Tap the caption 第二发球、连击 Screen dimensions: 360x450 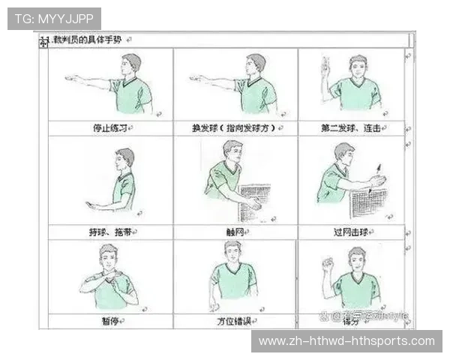(x=350, y=128)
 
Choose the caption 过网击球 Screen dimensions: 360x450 (x=350, y=232)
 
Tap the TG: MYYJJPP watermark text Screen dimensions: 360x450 (x=53, y=18)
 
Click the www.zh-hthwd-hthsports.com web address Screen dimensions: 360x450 (x=346, y=341)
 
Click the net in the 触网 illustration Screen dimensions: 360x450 (x=255, y=201)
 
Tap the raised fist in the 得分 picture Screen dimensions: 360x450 (x=327, y=264)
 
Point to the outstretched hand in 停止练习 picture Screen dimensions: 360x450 (x=71, y=78)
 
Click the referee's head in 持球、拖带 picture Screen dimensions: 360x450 (x=124, y=158)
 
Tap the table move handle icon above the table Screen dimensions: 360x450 (x=43, y=43)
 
